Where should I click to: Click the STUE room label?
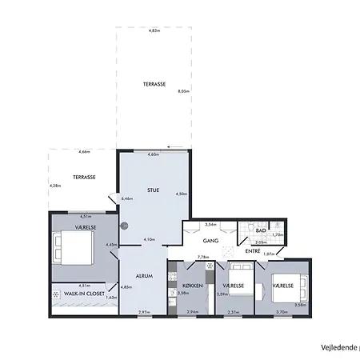(x=154, y=190)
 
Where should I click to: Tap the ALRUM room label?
(x=143, y=274)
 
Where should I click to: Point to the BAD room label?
(x=260, y=230)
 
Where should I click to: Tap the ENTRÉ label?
(x=253, y=251)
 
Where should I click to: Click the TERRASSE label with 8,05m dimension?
(x=154, y=84)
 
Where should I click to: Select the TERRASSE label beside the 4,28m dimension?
(x=84, y=176)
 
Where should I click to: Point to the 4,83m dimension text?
(x=154, y=31)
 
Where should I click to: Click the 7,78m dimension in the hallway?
(x=203, y=257)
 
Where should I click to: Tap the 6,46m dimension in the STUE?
(x=126, y=198)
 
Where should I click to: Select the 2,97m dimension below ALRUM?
(x=144, y=312)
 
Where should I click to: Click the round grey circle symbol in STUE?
(x=123, y=226)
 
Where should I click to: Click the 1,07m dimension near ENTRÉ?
(x=269, y=254)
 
